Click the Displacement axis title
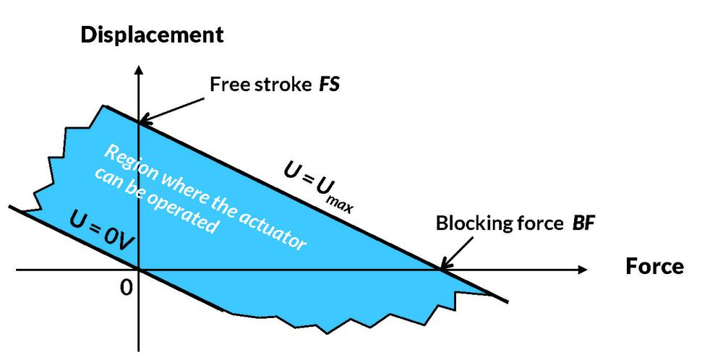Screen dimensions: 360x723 point(151,34)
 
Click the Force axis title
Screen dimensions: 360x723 point(654,267)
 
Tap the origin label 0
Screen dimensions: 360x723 point(127,287)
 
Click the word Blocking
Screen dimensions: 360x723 point(467,223)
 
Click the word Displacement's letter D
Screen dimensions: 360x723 point(87,34)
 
